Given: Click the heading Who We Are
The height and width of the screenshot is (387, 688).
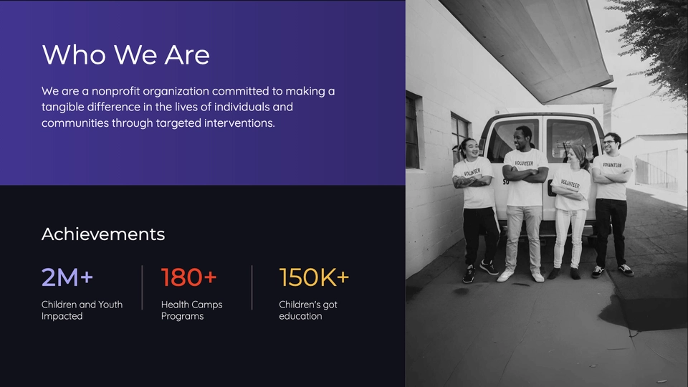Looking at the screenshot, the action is click(x=126, y=55).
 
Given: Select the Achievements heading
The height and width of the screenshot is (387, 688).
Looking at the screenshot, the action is click(x=103, y=234).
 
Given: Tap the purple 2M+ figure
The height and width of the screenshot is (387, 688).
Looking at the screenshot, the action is click(x=67, y=277).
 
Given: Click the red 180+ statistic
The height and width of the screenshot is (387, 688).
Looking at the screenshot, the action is click(x=189, y=277).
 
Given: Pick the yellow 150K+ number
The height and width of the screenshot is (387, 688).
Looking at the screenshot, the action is click(x=314, y=277).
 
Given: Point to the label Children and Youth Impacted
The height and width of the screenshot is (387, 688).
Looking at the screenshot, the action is click(x=82, y=310).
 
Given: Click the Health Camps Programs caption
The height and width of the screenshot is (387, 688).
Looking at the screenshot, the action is click(x=192, y=310).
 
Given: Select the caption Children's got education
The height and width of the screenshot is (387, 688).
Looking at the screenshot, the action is click(x=308, y=310).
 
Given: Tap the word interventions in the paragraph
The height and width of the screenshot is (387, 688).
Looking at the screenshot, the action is click(x=239, y=123).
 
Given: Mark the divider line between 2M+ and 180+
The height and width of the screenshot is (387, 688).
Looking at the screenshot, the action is click(x=142, y=287).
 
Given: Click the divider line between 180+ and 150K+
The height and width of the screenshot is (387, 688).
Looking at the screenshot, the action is click(x=252, y=287).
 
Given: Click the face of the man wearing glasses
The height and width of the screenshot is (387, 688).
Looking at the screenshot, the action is click(x=611, y=144).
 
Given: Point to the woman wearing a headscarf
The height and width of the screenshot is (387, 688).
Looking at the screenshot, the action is click(x=571, y=211).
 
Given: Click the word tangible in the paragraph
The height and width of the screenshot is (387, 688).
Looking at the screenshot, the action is click(x=63, y=107).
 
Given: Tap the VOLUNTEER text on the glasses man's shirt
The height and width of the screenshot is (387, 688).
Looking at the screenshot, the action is click(x=612, y=165).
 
